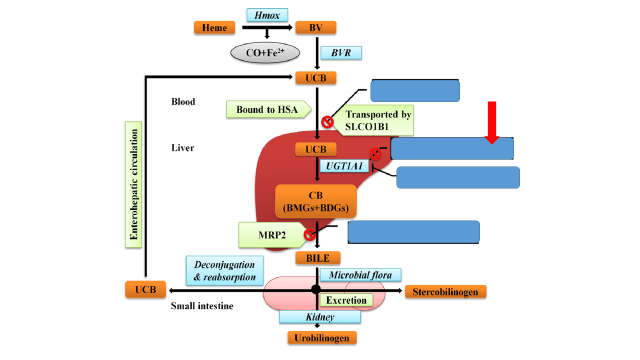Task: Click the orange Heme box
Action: coord(214,28)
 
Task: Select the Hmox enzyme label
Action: coord(267,15)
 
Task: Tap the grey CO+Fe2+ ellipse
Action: coord(265,53)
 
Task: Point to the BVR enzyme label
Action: coord(341,53)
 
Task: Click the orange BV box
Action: coord(316,28)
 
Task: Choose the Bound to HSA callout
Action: coord(269,109)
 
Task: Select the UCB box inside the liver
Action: coord(316,149)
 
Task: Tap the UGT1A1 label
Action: coord(344,166)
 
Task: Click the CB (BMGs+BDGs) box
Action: coord(316,202)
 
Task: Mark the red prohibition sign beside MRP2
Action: coord(309,234)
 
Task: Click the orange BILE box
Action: coord(318,258)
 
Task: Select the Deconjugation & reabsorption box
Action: coord(224,270)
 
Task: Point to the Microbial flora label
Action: coord(360,275)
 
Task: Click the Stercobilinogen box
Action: coord(445,292)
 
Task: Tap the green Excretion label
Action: coord(346,300)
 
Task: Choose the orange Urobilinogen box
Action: coord(322,338)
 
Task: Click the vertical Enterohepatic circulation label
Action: coord(133,184)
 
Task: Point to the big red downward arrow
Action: coord(492,122)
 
